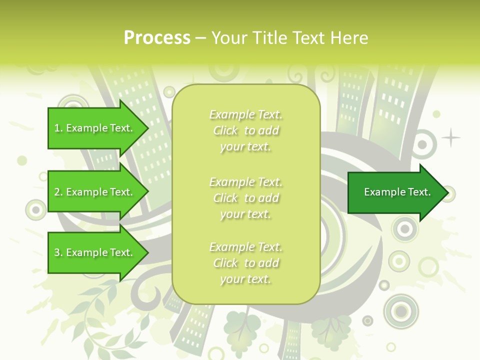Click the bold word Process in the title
coord(157,38)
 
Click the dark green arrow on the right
coord(395,192)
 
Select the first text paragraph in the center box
coord(245,131)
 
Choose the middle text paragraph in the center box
coord(245,198)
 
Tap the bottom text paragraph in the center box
coord(245,263)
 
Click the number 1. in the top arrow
coord(58,128)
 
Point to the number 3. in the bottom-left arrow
coord(58,252)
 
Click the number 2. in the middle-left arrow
coord(58,192)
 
